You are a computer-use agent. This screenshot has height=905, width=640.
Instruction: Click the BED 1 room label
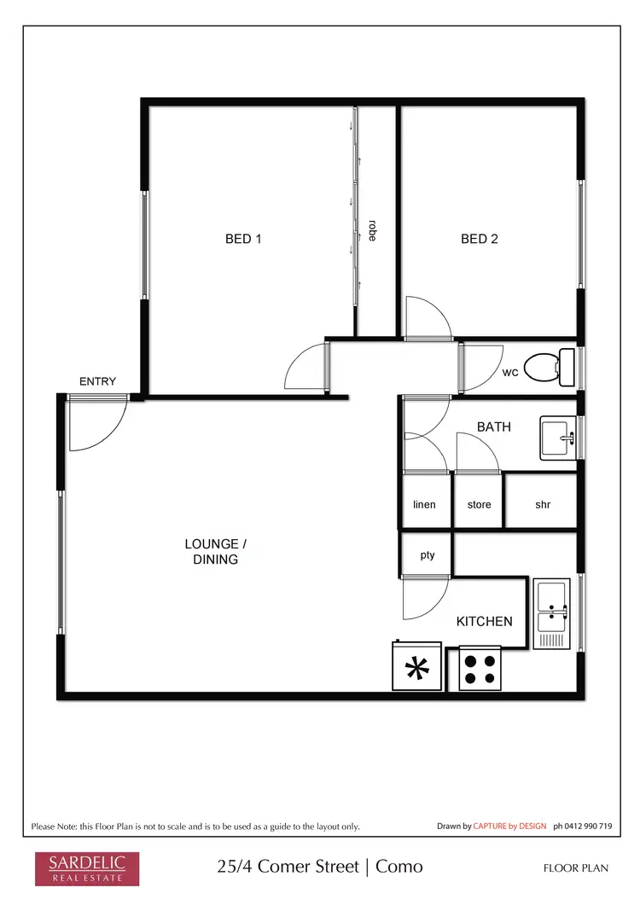[243, 239]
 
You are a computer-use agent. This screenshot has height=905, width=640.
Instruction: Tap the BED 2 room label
[479, 239]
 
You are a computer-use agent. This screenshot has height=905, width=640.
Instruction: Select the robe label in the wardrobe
[373, 231]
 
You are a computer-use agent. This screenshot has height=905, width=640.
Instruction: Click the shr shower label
[543, 504]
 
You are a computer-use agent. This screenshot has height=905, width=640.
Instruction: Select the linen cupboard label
[424, 504]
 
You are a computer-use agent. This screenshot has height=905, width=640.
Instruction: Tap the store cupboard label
[479, 504]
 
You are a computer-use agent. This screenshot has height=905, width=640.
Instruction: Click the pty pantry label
[428, 555]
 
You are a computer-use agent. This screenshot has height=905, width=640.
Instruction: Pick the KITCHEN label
[484, 621]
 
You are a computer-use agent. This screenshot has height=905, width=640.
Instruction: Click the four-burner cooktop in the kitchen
[479, 668]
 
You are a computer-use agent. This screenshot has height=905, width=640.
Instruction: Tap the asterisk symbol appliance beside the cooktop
[417, 668]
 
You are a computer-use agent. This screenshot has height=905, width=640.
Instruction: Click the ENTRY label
[97, 381]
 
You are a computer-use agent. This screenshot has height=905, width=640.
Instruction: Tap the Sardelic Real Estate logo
[80, 867]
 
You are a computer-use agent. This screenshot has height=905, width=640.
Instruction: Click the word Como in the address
[399, 867]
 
